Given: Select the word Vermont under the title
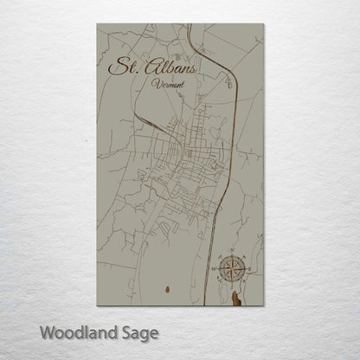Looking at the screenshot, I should pyautogui.click(x=165, y=85).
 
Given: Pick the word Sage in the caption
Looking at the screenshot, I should pyautogui.click(x=138, y=332).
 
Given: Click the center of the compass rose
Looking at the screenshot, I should pyautogui.click(x=231, y=269).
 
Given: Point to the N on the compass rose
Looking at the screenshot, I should pyautogui.click(x=231, y=254).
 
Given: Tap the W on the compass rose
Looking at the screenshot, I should pyautogui.click(x=215, y=269).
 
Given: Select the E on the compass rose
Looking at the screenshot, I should pyautogui.click(x=248, y=269).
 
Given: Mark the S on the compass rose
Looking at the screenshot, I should pyautogui.click(x=231, y=286).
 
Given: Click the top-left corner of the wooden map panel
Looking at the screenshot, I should pyautogui.click(x=98, y=24).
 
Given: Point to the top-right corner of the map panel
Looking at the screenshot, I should pyautogui.click(x=263, y=24).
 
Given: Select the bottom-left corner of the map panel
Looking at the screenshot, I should pyautogui.click(x=98, y=305).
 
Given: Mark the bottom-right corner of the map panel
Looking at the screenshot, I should pyautogui.click(x=263, y=305).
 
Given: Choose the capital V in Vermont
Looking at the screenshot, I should pyautogui.click(x=153, y=84).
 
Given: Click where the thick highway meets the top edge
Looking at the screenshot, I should pyautogui.click(x=189, y=25).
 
